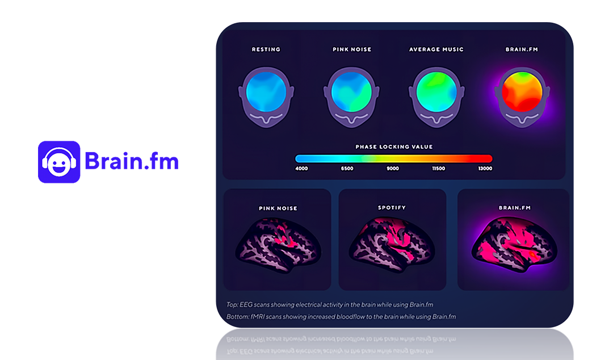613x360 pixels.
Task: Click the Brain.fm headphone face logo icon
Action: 59,162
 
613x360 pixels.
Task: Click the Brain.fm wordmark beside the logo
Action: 131,161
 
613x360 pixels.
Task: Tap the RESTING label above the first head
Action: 266,49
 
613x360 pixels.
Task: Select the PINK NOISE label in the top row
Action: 352,49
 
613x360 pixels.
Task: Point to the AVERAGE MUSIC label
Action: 436,49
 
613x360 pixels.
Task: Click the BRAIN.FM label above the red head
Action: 522,49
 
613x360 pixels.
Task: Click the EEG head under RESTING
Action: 266,97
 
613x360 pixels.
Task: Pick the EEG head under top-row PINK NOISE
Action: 351,97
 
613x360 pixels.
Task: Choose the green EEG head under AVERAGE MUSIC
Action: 436,97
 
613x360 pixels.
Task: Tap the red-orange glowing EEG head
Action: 522,97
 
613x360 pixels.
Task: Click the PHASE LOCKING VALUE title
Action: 394,146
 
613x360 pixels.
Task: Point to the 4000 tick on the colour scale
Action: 301,168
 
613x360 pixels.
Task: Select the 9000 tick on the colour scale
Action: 393,168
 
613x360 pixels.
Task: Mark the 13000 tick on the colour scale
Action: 485,168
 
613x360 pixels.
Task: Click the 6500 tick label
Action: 347,168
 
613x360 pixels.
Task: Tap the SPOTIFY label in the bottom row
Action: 392,207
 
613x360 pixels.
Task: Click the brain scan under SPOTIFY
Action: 392,244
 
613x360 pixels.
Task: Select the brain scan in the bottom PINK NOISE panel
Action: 278,245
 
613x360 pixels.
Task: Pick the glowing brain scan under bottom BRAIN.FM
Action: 514,245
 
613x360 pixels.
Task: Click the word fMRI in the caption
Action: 257,317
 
